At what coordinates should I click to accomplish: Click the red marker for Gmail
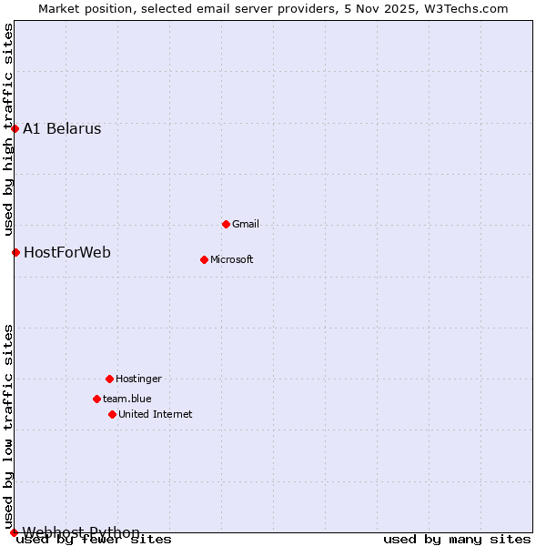click(226, 224)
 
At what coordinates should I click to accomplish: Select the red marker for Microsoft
click(204, 259)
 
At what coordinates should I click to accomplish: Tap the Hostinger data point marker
click(109, 379)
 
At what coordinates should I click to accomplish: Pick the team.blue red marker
click(96, 399)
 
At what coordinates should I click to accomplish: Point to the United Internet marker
click(112, 414)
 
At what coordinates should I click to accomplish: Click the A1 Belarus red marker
click(15, 128)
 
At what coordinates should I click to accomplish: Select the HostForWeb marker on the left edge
click(15, 252)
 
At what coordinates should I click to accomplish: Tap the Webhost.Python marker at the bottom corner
click(14, 532)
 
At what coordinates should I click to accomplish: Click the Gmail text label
click(246, 224)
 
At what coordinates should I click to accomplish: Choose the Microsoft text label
click(232, 259)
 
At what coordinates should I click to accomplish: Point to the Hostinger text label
click(138, 379)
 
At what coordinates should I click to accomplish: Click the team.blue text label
click(127, 399)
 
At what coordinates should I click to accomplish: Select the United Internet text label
click(156, 414)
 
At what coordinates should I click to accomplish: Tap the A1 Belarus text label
click(62, 128)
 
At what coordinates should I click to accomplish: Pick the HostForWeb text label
click(67, 252)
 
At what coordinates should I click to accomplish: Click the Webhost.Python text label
click(81, 532)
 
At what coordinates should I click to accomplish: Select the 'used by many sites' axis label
click(457, 540)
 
